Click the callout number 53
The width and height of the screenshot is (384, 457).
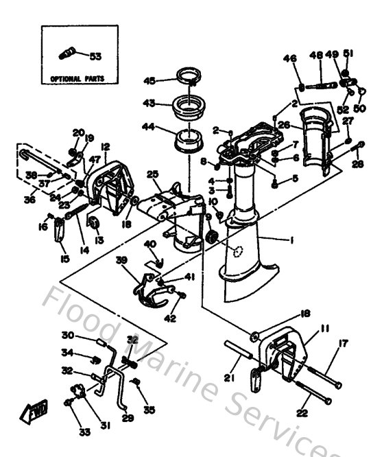coord(95,56)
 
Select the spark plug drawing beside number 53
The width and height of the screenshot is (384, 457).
coord(71,52)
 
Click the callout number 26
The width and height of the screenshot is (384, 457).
coord(283,125)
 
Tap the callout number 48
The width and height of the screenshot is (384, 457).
coord(316,56)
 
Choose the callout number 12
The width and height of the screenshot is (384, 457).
coord(106,148)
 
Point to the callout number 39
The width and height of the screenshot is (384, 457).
coord(122,260)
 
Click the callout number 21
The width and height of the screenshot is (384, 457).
coord(230,376)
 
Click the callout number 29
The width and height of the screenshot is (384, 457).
coord(126,417)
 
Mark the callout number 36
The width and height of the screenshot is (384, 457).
coord(29,200)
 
